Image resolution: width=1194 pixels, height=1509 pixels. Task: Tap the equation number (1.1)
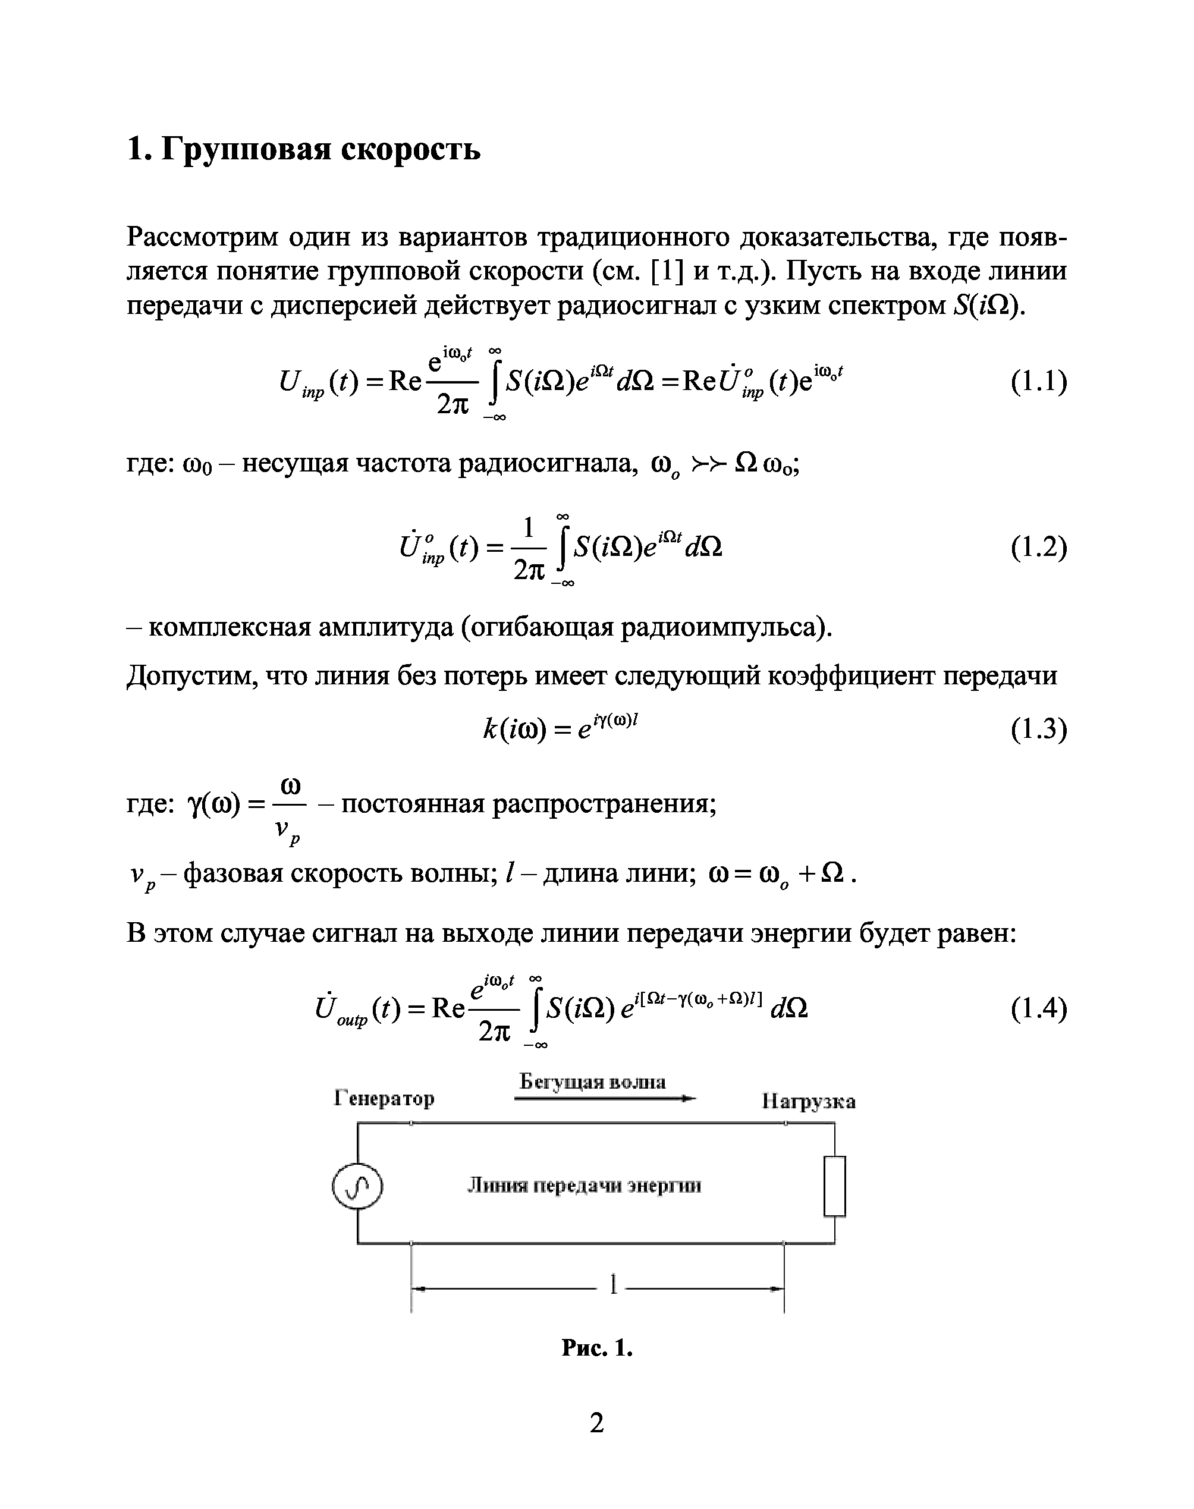point(1039,382)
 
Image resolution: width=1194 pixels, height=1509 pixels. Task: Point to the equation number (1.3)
point(1039,729)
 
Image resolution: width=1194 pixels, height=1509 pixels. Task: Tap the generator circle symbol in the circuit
point(357,1186)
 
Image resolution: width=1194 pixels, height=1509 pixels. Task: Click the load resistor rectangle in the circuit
point(835,1186)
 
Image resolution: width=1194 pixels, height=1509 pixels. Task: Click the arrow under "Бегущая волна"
point(605,1099)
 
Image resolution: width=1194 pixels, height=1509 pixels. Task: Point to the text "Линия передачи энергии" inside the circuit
point(585,1186)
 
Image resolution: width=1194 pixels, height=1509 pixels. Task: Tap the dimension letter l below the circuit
point(613,1285)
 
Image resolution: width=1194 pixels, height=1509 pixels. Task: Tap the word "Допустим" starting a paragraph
point(183,676)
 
